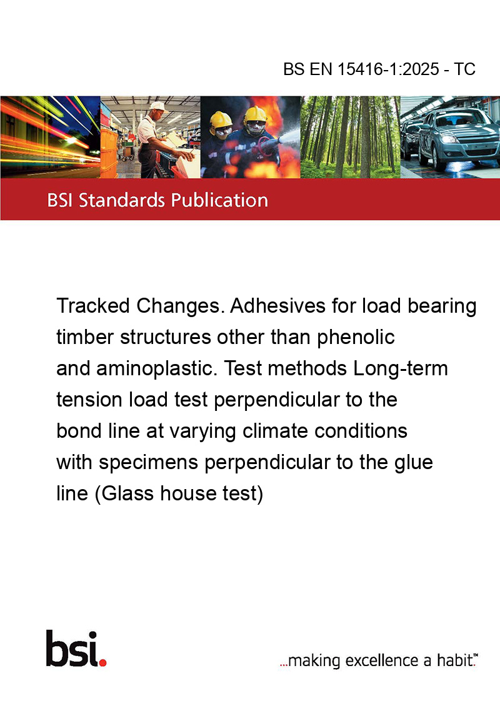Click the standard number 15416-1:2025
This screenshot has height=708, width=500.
tap(388, 69)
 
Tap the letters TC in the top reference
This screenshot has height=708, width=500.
tap(464, 69)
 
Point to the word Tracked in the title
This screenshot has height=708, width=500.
tap(93, 306)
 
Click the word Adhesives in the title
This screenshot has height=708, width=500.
tap(277, 306)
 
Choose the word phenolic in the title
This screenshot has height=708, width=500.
tap(356, 338)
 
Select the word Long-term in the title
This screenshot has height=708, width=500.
tap(401, 369)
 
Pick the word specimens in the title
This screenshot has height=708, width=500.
tap(149, 462)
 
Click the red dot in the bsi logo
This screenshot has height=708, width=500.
tap(102, 662)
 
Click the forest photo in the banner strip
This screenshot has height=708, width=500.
tap(350, 137)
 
